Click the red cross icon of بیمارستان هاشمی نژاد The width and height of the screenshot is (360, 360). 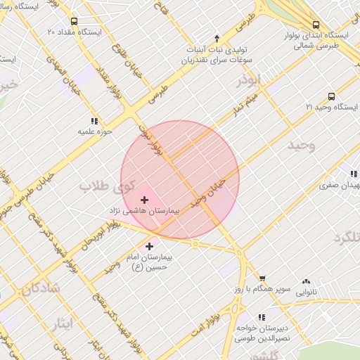point(145,200)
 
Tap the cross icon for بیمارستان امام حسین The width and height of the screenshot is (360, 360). point(149,246)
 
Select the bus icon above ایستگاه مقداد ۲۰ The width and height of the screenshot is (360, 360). point(75,21)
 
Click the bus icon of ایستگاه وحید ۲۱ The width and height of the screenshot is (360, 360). point(331,96)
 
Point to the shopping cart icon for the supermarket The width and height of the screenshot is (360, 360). point(262,279)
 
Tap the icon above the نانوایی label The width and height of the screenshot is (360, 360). point(306,281)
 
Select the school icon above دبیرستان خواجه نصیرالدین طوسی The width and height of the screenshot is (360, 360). point(262,318)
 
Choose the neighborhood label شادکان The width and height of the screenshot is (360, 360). point(40,288)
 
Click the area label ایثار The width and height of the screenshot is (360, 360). point(62,323)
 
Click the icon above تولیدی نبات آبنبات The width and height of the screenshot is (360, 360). point(217,38)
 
